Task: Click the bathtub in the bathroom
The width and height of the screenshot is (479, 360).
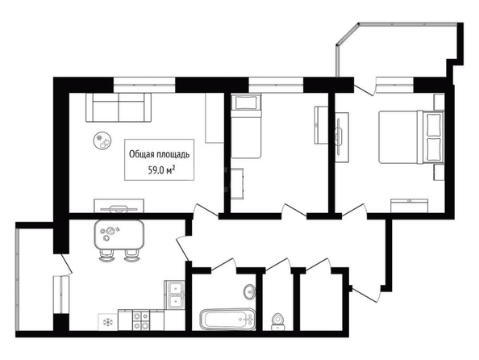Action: click(x=227, y=320)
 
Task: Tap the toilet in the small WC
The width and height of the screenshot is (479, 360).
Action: click(x=278, y=322)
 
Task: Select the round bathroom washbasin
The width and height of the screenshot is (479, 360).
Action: click(x=250, y=291)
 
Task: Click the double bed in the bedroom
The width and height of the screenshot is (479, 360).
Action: click(x=411, y=137)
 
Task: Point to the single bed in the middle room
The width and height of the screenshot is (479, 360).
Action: click(x=246, y=126)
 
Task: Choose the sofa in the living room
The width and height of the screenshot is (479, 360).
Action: click(x=119, y=107)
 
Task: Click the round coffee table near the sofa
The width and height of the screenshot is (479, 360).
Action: click(x=102, y=140)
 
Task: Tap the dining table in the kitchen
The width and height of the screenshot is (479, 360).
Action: click(x=119, y=234)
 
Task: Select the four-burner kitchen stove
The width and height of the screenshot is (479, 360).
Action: click(x=141, y=320)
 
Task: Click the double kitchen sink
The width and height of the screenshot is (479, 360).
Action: click(x=174, y=295)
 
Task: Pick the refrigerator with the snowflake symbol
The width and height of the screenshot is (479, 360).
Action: click(x=108, y=322)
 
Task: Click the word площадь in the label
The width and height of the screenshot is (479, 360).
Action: click(x=173, y=155)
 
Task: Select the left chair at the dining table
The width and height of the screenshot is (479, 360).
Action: click(x=106, y=255)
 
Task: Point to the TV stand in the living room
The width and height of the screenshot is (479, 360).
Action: click(x=119, y=206)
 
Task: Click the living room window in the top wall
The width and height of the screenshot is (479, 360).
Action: click(x=144, y=85)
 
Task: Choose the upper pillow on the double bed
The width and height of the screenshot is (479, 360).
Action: click(x=434, y=125)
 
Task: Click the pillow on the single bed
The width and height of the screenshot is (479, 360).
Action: click(x=246, y=103)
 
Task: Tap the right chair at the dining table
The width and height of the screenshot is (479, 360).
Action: click(x=131, y=255)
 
